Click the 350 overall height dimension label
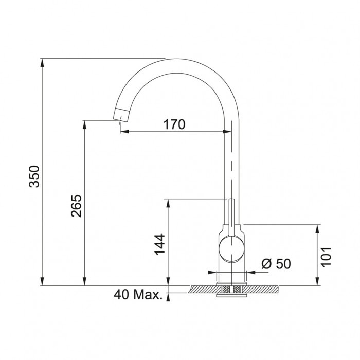pos(34,176)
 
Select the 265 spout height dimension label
pos(76,206)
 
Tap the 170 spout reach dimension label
pos(174,124)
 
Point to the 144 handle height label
pos(159,244)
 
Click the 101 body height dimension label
pos(326,257)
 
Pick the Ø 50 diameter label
pos(276,263)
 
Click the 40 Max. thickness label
pos(138,295)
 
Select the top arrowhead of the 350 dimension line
pos(42,63)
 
